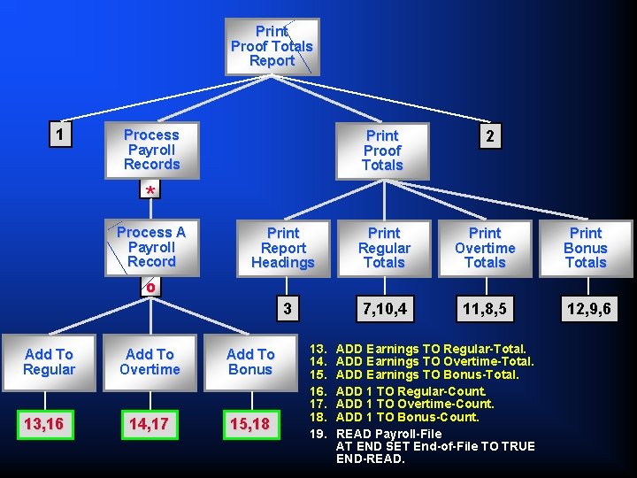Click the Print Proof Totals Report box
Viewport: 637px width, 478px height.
click(x=272, y=46)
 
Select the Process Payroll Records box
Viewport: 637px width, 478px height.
click(x=151, y=150)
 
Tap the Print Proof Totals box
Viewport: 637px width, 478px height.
click(x=382, y=150)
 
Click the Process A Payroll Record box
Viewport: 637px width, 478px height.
click(x=151, y=247)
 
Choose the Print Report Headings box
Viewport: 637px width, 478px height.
click(x=283, y=248)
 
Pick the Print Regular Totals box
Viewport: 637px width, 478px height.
click(x=384, y=248)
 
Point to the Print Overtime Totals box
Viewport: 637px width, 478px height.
click(x=485, y=248)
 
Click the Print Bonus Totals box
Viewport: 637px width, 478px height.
click(x=586, y=248)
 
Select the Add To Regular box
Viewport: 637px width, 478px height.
click(x=50, y=361)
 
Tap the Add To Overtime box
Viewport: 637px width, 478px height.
click(x=150, y=361)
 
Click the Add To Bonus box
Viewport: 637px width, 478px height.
click(x=250, y=361)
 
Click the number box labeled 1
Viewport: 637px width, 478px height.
click(x=59, y=135)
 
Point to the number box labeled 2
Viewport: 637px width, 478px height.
click(x=490, y=135)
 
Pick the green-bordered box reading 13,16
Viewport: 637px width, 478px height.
click(x=43, y=424)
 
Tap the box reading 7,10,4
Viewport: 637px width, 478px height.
click(x=384, y=309)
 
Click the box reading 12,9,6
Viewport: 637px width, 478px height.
click(x=586, y=309)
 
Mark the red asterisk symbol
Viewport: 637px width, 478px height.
click(x=151, y=191)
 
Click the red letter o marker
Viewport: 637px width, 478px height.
click(x=151, y=287)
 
